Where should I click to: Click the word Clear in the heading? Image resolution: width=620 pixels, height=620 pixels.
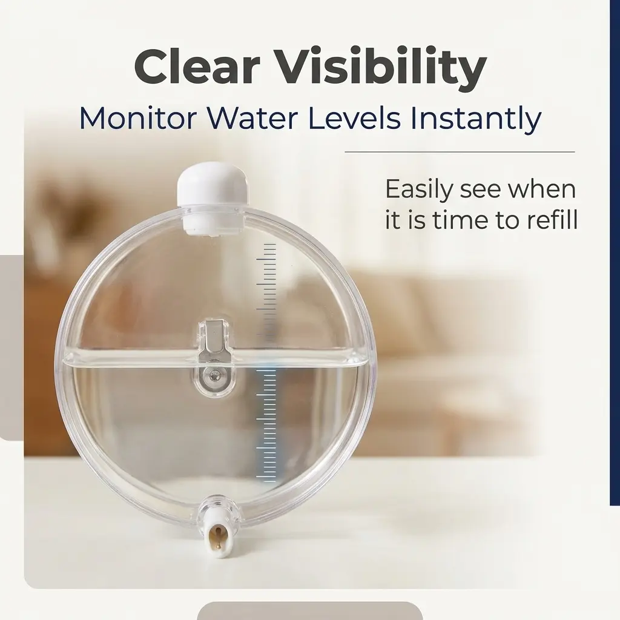click(x=197, y=66)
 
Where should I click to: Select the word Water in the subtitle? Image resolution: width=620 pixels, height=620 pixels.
click(x=252, y=118)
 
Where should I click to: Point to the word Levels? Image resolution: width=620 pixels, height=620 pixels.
click(x=354, y=118)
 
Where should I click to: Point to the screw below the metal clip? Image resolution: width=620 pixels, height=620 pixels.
click(x=215, y=375)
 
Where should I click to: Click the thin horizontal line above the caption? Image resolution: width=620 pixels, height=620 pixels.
click(x=460, y=152)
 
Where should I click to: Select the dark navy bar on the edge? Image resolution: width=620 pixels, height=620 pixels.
click(x=615, y=252)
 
